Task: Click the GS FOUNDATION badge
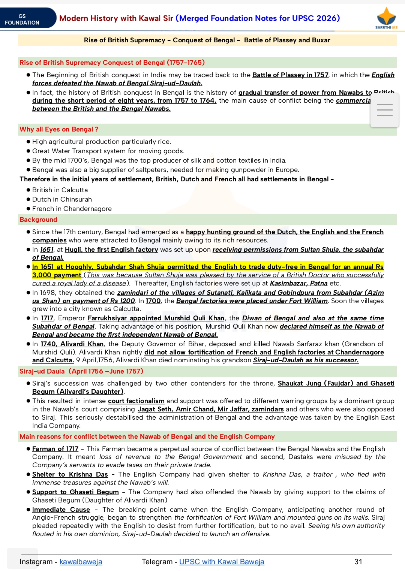[x=22, y=19]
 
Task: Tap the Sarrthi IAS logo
[x=386, y=18]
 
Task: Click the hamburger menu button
[x=384, y=110]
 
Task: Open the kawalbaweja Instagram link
[x=81, y=562]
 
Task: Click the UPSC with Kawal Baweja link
[x=222, y=562]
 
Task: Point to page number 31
[x=358, y=562]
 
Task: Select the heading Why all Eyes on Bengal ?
[x=59, y=129]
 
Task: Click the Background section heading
[x=38, y=220]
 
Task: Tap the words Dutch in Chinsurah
[x=62, y=199]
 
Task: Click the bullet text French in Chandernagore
[x=72, y=209]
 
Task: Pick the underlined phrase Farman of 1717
[x=55, y=449]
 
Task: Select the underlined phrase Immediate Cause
[x=61, y=510]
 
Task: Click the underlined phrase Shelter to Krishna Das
[x=70, y=474]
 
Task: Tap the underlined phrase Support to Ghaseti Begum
[x=75, y=492]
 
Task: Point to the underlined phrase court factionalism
[x=136, y=401]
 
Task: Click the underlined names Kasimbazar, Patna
[x=298, y=283]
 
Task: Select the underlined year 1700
[x=153, y=301]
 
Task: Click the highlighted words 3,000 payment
[x=57, y=275]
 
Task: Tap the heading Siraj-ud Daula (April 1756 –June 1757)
[x=81, y=371]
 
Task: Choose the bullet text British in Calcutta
[x=60, y=190]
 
